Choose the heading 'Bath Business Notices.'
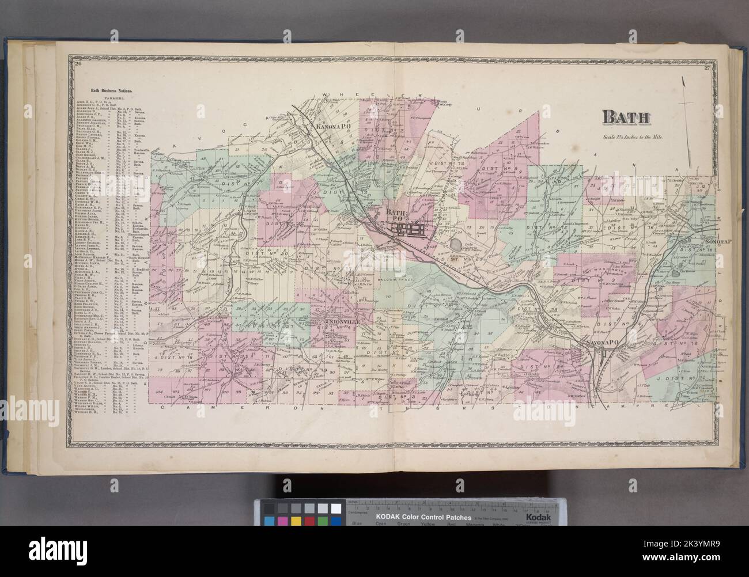click(x=112, y=90)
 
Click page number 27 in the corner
click(x=708, y=69)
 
